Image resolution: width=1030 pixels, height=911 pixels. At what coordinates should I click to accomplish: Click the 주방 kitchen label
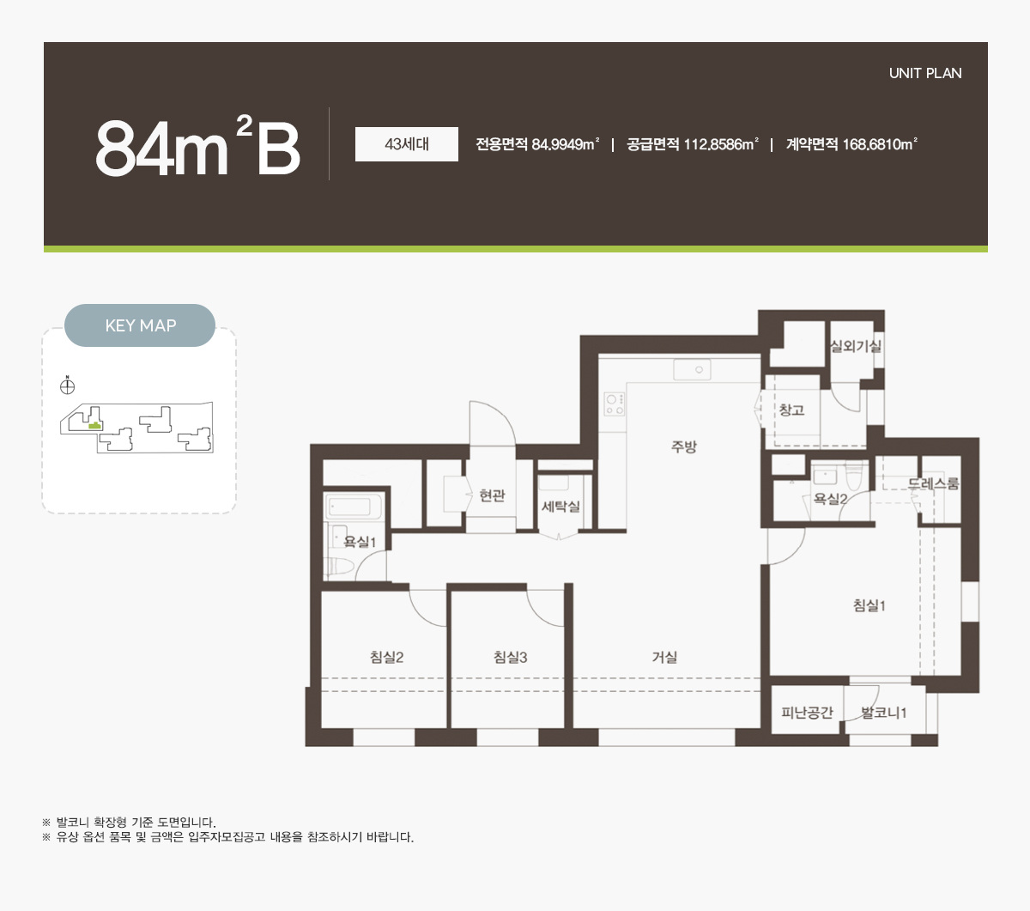(x=684, y=446)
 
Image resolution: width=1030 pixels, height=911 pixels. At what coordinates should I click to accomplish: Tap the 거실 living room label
(x=664, y=657)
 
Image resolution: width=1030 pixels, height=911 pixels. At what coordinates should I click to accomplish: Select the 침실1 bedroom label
(x=869, y=605)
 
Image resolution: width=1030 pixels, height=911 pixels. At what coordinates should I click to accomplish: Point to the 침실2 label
(x=386, y=657)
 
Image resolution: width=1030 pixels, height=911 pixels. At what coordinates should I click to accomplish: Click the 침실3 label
(x=511, y=657)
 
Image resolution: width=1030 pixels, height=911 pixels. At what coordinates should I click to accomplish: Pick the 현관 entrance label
(x=492, y=495)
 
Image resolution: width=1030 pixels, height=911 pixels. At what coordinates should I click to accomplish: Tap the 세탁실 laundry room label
(x=560, y=506)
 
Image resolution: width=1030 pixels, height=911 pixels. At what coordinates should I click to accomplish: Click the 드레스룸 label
(x=933, y=483)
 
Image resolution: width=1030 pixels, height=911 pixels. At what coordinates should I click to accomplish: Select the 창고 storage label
(x=791, y=410)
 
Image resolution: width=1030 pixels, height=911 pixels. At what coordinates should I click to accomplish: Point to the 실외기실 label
(x=856, y=346)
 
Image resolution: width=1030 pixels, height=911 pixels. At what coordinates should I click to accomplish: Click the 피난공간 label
(x=807, y=713)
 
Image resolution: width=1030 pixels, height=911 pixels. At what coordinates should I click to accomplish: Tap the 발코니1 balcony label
(x=883, y=713)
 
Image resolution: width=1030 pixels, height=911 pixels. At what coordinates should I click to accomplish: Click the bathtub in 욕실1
(x=354, y=507)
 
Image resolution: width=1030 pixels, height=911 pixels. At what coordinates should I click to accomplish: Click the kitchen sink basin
(x=692, y=370)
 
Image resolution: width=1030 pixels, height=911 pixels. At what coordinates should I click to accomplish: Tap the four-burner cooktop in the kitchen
(x=615, y=404)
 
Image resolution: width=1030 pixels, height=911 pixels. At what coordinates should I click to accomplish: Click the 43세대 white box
(x=406, y=144)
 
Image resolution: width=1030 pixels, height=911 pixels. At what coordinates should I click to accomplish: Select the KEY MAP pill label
(x=140, y=325)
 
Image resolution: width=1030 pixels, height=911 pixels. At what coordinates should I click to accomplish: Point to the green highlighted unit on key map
(x=94, y=426)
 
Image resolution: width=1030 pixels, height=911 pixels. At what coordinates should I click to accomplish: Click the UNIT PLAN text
(x=925, y=73)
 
